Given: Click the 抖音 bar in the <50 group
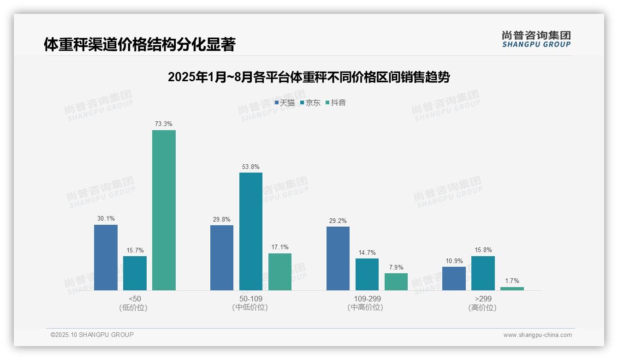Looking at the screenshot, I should point(164,210).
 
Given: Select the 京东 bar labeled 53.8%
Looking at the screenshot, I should point(251,231).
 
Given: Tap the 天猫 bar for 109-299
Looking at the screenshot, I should point(338,258).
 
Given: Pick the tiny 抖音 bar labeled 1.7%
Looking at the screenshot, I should point(512,288).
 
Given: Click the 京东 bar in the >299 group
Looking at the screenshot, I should point(483,273).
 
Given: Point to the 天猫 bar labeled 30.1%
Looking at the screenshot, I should point(106,258).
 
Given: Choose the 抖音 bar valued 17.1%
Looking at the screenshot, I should point(280,272).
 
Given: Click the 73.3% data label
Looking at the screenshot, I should point(164,124).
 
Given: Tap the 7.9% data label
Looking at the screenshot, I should point(396,267).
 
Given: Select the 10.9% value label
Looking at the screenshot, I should point(454,261).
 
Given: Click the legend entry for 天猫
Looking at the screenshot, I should point(285,102).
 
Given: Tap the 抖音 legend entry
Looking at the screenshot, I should point(336,102).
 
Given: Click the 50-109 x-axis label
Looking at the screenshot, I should point(251,299).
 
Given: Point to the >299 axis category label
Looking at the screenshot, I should point(483,299).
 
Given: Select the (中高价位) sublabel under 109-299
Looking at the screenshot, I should point(365,307).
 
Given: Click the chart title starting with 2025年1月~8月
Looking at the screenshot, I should point(309,77).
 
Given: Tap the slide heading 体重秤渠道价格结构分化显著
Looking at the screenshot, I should point(140,44).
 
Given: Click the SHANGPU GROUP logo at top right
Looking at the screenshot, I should point(536,39).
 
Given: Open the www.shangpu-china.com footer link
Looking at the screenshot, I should point(537,335).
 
